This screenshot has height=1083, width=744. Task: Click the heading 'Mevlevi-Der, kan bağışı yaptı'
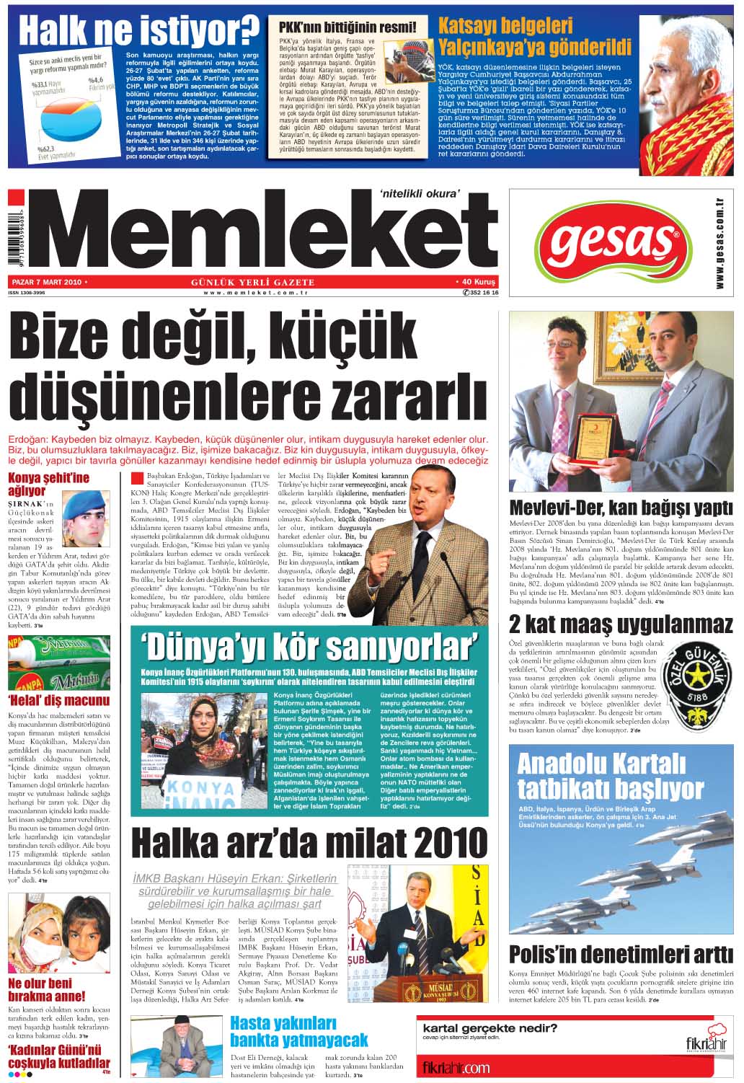(621, 506)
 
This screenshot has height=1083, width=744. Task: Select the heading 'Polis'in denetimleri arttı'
(621, 953)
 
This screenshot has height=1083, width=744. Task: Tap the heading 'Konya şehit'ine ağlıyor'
(48, 484)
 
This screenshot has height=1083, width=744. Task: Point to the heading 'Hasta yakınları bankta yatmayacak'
(298, 1032)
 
